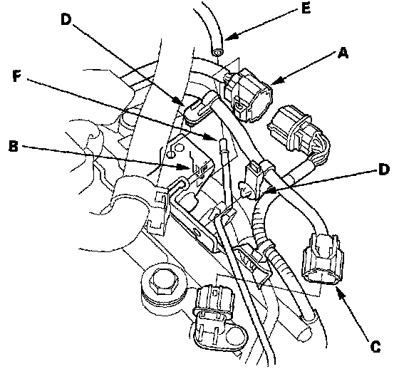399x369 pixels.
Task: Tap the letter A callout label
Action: pyautogui.click(x=343, y=53)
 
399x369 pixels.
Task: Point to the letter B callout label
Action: pyautogui.click(x=14, y=145)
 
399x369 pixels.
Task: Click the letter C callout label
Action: pyautogui.click(x=375, y=346)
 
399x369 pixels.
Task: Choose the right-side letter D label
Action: pyautogui.click(x=383, y=170)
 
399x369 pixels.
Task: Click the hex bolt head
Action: pyautogui.click(x=162, y=281)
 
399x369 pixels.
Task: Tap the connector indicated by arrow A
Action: pyautogui.click(x=247, y=93)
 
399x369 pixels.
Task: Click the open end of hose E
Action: pyautogui.click(x=217, y=52)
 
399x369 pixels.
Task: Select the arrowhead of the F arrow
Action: pyautogui.click(x=212, y=137)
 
